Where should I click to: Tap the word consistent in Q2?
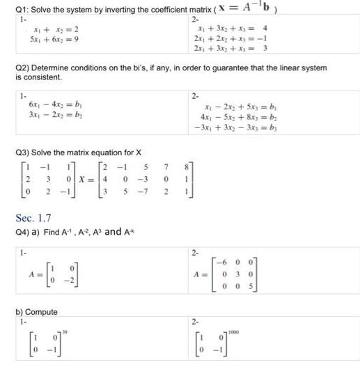click(x=41, y=76)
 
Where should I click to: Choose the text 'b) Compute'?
click(x=36, y=311)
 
